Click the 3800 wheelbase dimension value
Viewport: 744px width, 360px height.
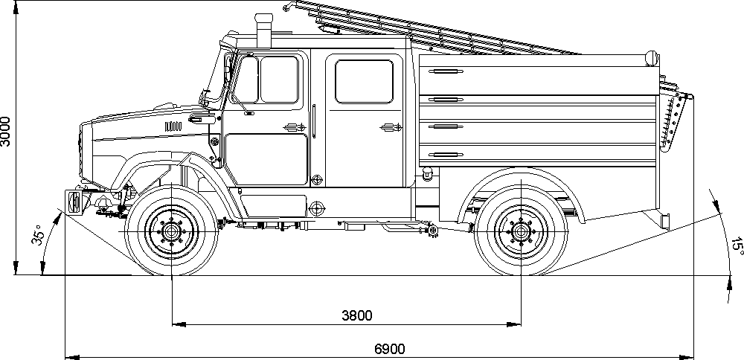pos(356,315)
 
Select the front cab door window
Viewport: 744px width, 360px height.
pos(278,80)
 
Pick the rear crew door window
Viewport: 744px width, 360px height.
pos(364,81)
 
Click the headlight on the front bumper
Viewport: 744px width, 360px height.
pos(74,202)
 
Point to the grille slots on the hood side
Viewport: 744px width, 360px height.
pos(172,124)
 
